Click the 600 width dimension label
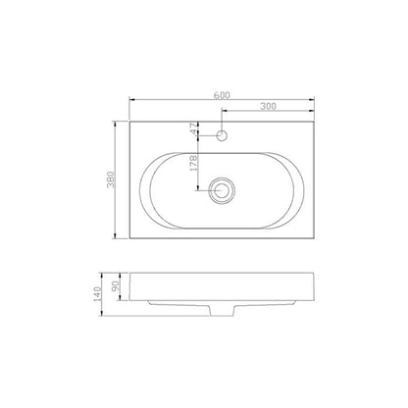point(221,94)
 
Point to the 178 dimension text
point(194,163)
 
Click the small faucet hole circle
point(223,134)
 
